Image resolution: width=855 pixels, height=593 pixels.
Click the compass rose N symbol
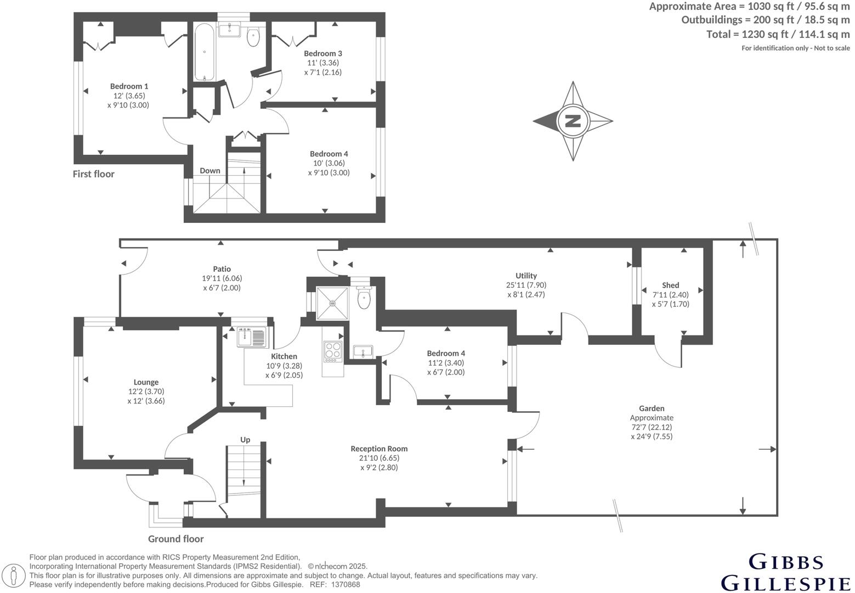[573, 121]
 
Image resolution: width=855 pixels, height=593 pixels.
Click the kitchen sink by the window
[251, 337]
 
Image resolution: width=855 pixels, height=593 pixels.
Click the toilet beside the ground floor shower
[364, 298]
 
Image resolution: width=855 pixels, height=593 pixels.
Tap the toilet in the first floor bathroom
[253, 37]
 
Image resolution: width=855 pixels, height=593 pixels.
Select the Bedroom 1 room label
[129, 86]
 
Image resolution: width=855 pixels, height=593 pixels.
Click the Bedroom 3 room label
[323, 53]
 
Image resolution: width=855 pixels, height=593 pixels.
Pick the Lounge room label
[146, 382]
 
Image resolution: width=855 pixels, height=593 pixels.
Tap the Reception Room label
[379, 449]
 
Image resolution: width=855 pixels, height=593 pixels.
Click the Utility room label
[526, 276]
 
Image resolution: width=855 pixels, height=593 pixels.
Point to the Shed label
[670, 285]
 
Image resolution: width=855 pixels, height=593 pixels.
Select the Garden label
[652, 408]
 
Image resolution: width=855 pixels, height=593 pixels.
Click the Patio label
[222, 269]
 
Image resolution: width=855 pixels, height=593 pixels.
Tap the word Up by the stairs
[245, 440]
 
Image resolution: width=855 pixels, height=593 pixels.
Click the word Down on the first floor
[209, 171]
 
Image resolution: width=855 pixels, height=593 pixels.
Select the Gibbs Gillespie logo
[785, 572]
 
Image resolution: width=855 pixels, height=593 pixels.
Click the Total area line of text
[778, 34]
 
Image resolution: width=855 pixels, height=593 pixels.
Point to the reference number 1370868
[346, 585]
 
